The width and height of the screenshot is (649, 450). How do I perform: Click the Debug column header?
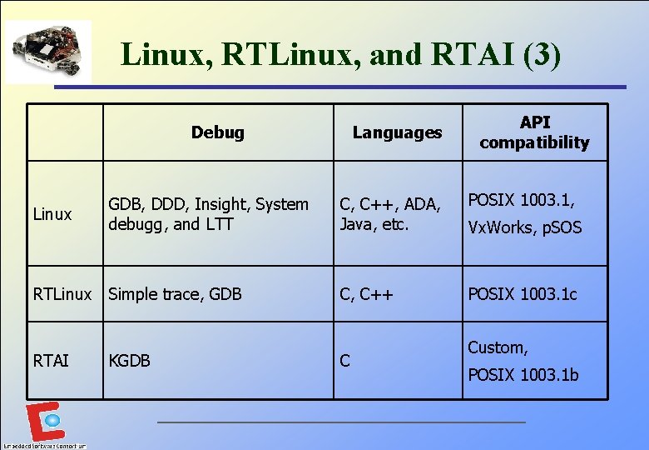(217, 132)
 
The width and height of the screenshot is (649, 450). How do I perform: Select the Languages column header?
(397, 132)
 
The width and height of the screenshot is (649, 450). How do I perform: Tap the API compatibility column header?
(534, 132)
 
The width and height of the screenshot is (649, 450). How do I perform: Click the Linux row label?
(52, 215)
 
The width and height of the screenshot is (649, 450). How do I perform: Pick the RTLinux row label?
(62, 294)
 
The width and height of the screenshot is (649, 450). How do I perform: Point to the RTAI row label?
(51, 361)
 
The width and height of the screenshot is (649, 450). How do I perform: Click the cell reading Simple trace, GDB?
(175, 294)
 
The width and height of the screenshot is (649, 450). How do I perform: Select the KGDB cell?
(129, 361)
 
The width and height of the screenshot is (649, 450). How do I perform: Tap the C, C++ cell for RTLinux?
(365, 294)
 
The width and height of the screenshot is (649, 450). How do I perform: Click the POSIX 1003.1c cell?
(523, 294)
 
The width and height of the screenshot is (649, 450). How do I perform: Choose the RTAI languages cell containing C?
(344, 361)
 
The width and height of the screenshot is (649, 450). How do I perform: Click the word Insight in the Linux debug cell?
(220, 204)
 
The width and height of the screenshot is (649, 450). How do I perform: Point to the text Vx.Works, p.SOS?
(525, 227)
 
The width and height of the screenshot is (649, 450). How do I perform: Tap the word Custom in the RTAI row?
(498, 347)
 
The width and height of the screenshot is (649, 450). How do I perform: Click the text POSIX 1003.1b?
(523, 375)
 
